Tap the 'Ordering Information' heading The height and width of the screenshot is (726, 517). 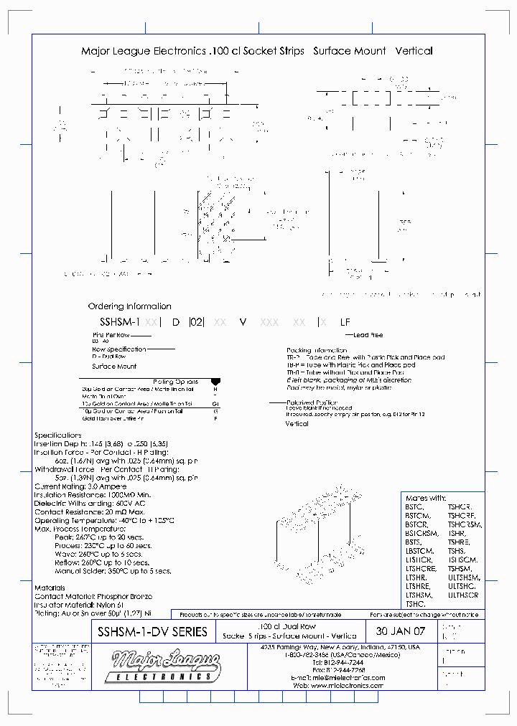(x=129, y=306)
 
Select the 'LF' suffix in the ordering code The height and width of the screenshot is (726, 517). (x=345, y=323)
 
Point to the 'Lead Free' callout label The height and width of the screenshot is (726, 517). (x=368, y=335)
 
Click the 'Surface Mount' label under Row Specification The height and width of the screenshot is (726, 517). (x=114, y=367)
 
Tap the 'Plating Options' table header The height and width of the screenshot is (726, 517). (x=175, y=382)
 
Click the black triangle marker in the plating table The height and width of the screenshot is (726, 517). (x=215, y=382)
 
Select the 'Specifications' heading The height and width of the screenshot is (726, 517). (x=58, y=435)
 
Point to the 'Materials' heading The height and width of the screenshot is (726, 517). (x=50, y=588)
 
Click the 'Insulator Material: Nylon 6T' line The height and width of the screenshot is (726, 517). (x=79, y=604)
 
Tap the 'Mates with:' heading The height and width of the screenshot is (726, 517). (x=426, y=498)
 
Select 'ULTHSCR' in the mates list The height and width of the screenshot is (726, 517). (x=463, y=595)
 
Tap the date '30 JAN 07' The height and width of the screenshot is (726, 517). (x=401, y=632)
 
